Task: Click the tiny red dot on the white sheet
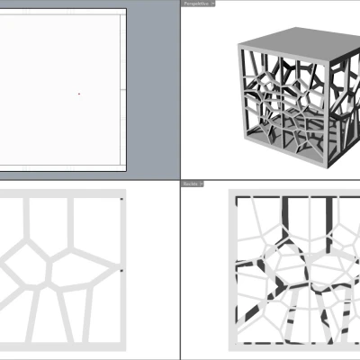tap(78, 93)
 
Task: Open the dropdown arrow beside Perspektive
tap(212, 4)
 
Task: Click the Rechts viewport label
tap(189, 184)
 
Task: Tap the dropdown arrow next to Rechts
tap(202, 184)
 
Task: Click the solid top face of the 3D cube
tap(288, 40)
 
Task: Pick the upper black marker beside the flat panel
tap(121, 198)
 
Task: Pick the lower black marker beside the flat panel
tap(121, 269)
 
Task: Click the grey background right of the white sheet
tap(153, 90)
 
